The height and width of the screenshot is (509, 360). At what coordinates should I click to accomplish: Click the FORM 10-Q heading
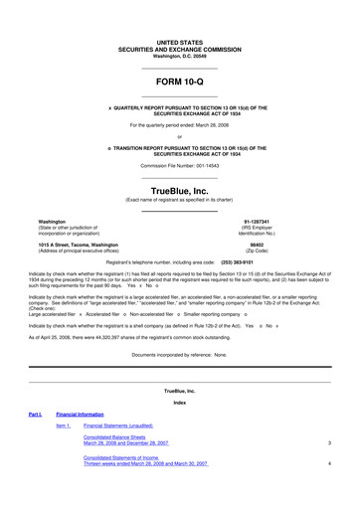click(x=180, y=83)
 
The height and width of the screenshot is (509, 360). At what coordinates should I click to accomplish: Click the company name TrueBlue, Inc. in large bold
click(x=180, y=189)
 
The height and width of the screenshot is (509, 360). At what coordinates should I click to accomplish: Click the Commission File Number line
click(x=180, y=164)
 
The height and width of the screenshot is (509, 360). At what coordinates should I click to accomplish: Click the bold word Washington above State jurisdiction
click(x=52, y=221)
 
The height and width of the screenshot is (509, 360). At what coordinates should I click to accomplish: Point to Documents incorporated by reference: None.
click(x=180, y=354)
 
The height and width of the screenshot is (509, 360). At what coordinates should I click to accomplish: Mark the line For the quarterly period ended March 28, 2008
click(x=180, y=124)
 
